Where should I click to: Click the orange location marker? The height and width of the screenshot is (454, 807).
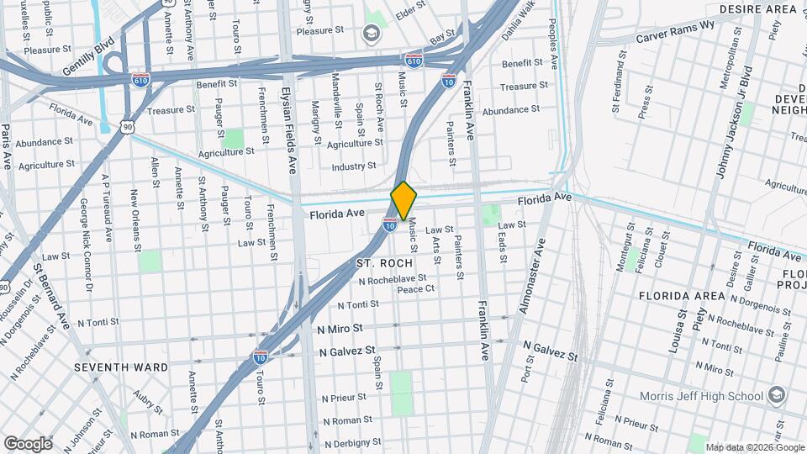coord(404,200)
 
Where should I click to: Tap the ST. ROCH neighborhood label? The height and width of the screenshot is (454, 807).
coord(384,263)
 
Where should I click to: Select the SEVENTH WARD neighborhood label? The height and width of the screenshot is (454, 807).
coord(121,367)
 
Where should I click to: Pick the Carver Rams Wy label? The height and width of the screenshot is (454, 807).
coord(675,31)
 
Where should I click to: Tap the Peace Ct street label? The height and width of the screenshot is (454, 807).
coord(415,289)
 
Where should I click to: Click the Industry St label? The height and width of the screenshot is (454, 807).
coord(353,166)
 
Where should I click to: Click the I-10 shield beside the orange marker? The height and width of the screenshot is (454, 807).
coord(390,224)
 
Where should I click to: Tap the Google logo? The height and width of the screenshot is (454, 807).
coord(28,443)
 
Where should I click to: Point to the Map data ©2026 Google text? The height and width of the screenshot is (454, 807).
coord(754,447)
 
